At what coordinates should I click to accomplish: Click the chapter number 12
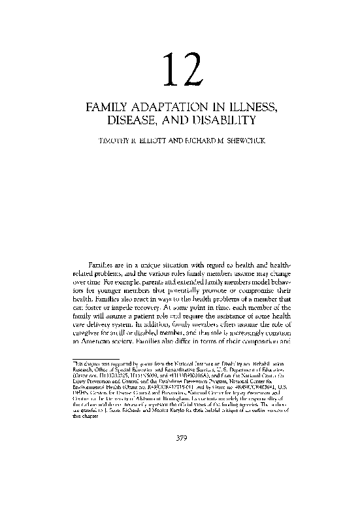(179, 71)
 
